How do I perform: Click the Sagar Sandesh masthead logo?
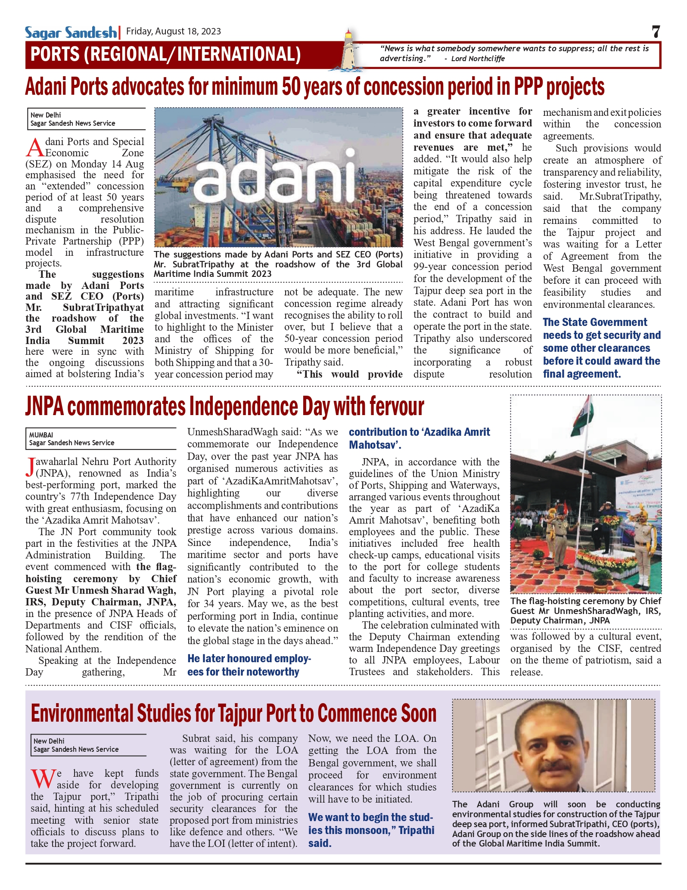point(71,32)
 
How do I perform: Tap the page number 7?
point(656,32)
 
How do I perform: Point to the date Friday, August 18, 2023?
point(173,31)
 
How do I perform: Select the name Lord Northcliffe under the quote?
point(478,59)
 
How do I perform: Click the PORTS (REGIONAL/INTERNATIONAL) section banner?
point(166,54)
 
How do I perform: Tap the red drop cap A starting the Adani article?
point(35,147)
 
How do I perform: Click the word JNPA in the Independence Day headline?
point(44,407)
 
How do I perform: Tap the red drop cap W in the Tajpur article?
point(43,778)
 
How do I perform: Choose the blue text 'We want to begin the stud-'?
point(370,817)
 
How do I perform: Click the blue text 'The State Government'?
point(595,322)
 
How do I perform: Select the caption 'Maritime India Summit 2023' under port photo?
point(213,274)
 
